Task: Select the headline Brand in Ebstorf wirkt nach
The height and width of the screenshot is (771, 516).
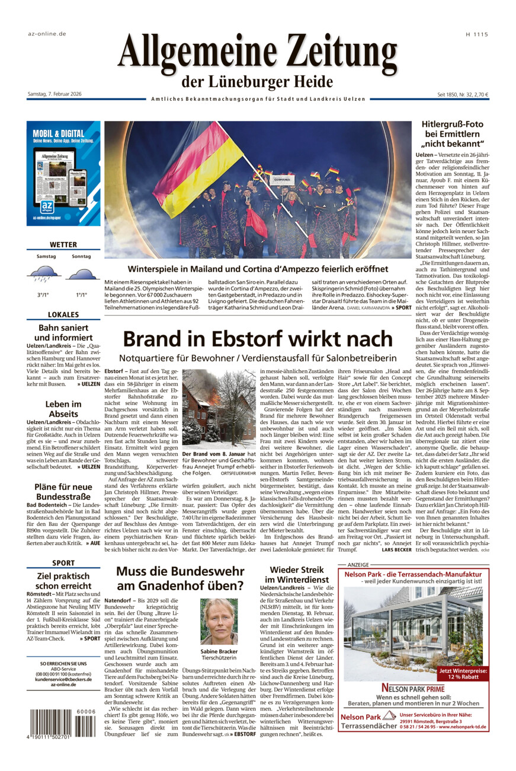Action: click(x=258, y=339)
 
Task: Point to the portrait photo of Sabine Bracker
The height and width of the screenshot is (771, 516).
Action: click(x=219, y=622)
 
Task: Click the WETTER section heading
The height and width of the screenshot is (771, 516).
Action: click(x=63, y=244)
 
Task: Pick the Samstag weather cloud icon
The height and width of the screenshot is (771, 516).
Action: click(x=43, y=273)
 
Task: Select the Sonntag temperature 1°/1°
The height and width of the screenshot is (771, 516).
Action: click(x=81, y=295)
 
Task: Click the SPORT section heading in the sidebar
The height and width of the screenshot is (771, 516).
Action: click(x=63, y=563)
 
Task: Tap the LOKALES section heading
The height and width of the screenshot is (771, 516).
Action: click(x=63, y=315)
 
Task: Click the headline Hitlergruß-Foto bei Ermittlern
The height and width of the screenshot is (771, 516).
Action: click(x=453, y=134)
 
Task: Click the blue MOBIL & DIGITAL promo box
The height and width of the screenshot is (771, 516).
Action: click(x=63, y=173)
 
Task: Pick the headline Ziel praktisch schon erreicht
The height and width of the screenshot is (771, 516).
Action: click(x=63, y=581)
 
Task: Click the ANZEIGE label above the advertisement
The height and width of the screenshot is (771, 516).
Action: click(x=358, y=565)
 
